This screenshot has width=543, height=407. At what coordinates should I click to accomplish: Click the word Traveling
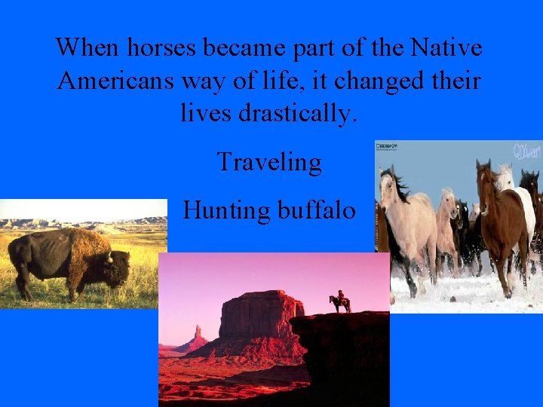point(269,162)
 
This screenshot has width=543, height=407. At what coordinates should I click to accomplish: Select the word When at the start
point(87,48)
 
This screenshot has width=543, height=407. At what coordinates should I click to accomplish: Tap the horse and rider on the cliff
point(339,303)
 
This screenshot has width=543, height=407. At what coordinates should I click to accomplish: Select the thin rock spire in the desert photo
point(197,334)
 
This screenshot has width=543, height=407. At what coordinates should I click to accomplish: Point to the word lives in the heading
point(206,113)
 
